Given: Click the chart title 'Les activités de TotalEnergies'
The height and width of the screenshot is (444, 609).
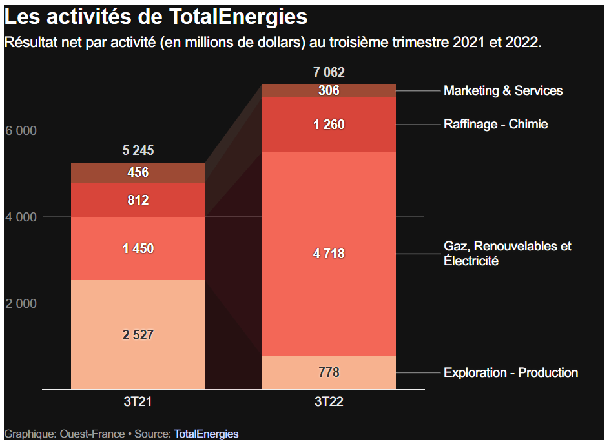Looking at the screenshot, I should (156, 17).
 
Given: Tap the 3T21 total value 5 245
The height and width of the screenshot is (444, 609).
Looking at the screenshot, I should (138, 151).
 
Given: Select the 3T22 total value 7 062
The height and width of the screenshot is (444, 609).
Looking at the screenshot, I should (329, 72).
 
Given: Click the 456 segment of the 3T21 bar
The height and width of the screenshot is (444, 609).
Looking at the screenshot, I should (138, 172).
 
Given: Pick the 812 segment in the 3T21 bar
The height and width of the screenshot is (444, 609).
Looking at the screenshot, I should (138, 200).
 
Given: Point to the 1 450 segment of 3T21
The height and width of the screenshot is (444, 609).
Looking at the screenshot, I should (138, 248).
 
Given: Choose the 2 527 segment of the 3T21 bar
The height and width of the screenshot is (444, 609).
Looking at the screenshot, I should (138, 334).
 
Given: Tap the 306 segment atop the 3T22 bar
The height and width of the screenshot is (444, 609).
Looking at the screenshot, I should (329, 90).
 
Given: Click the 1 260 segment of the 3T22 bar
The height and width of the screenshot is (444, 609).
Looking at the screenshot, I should (329, 125).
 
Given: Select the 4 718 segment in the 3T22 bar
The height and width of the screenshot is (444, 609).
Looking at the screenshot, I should (329, 254).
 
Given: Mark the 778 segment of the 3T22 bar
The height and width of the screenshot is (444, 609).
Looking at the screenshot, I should (329, 372).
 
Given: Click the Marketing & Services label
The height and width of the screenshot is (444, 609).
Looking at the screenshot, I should (502, 91).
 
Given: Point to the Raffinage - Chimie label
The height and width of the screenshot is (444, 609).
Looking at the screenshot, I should (495, 124).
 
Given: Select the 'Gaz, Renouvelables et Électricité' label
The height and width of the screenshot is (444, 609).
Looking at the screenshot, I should (507, 254).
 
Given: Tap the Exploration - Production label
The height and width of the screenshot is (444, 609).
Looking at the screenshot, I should (510, 372).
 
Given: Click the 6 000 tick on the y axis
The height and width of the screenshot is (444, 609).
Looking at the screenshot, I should (21, 130).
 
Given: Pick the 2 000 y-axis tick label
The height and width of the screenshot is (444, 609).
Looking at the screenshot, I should (21, 303).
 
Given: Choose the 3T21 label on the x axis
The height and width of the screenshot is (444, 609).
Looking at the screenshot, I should (138, 401).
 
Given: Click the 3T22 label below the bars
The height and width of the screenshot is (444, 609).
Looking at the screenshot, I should (329, 401).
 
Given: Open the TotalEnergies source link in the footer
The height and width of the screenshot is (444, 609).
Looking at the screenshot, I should (206, 434).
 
